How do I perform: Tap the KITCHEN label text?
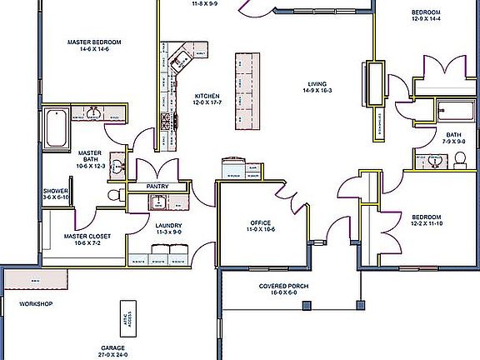(x=207, y=95)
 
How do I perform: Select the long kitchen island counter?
(x=245, y=91)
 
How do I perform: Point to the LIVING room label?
(x=317, y=83)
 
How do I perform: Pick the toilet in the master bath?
(x=114, y=195)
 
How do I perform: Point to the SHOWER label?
(x=56, y=191)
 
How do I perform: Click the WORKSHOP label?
(x=36, y=304)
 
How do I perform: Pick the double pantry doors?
(x=157, y=167)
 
